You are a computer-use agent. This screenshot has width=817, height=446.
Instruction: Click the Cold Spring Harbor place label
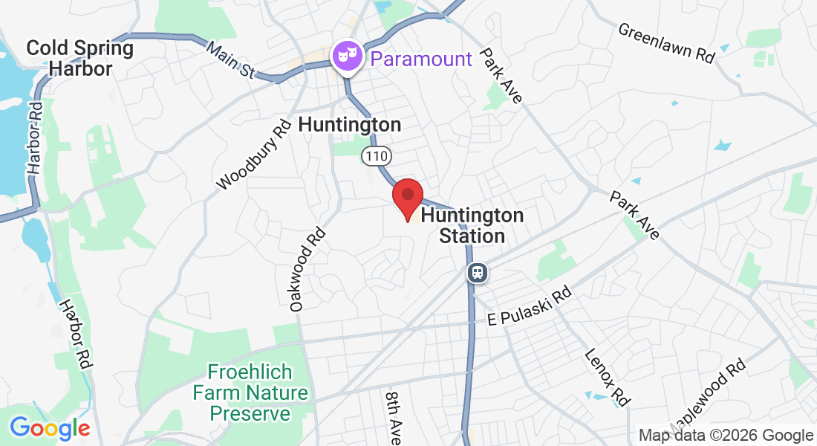pyautogui.click(x=79, y=59)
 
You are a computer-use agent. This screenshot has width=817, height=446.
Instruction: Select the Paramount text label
pyautogui.click(x=421, y=59)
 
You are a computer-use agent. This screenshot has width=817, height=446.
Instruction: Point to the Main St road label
pyautogui.click(x=231, y=59)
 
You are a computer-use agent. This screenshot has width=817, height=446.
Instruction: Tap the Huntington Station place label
pyautogui.click(x=472, y=226)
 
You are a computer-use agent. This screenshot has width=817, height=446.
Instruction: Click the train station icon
pyautogui.click(x=478, y=273)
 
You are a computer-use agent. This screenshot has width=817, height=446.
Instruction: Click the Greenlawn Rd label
pyautogui.click(x=665, y=43)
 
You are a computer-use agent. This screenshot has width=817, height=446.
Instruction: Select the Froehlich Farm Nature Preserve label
pyautogui.click(x=250, y=392)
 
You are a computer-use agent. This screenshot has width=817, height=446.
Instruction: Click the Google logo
pyautogui.click(x=50, y=428)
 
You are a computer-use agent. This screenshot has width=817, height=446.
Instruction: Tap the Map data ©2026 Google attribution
pyautogui.click(x=726, y=436)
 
